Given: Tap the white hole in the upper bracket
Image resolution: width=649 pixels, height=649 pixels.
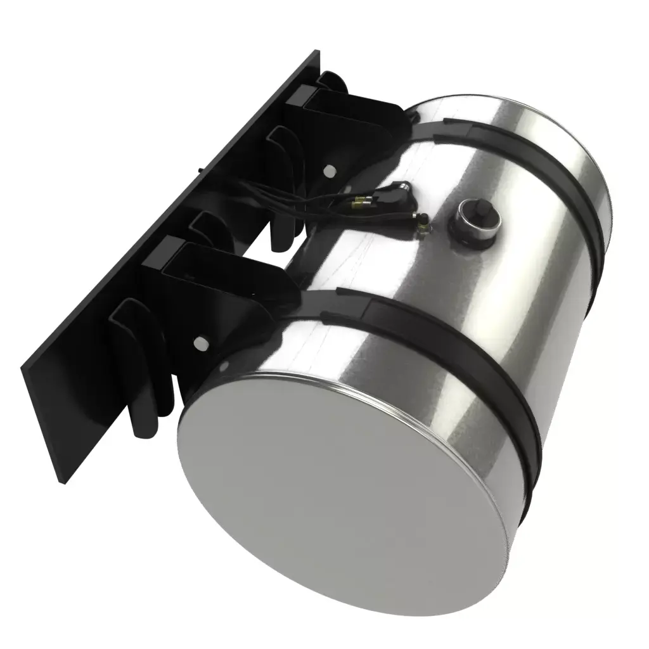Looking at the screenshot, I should pos(328,170).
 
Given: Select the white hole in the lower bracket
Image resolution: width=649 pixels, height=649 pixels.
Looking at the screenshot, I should pos(202,343).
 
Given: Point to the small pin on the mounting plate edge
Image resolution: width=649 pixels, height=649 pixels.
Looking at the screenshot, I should pos(200,169).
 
